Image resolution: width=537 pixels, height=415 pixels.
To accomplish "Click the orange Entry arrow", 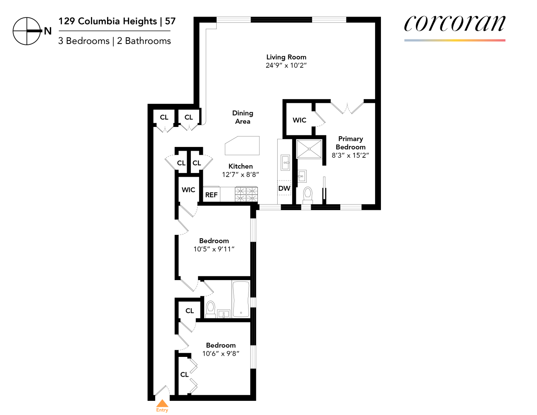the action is [162, 404].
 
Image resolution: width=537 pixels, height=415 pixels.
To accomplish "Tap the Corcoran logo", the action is [455, 24].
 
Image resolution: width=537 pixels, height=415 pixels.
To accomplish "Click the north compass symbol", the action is [27, 31].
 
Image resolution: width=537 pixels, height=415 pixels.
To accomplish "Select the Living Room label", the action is [286, 57].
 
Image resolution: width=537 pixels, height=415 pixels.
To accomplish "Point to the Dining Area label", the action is [243, 117].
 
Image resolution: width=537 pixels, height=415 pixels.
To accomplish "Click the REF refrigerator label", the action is [211, 195].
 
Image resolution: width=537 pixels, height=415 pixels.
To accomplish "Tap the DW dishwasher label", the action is [284, 188].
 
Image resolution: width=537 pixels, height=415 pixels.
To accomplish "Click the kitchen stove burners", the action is [247, 194].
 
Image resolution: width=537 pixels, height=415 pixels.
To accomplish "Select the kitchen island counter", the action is [242, 145].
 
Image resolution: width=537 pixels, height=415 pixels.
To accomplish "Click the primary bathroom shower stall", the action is [309, 149].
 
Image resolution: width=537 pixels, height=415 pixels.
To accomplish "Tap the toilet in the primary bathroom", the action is [308, 193].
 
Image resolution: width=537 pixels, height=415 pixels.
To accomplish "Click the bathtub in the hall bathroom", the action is [241, 299].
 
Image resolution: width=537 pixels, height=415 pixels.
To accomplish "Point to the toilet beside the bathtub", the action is [211, 308].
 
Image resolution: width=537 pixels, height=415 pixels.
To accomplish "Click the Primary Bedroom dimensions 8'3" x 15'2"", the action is [350, 156].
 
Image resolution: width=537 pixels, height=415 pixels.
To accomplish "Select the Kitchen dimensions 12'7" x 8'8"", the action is [240, 175].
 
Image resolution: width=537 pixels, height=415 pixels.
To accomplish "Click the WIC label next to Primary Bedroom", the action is [299, 120].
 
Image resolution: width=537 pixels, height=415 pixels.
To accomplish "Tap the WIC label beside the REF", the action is [188, 190].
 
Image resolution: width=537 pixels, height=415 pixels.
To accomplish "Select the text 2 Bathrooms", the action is [144, 41].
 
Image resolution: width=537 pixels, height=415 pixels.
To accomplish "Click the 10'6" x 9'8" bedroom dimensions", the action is [221, 354].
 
